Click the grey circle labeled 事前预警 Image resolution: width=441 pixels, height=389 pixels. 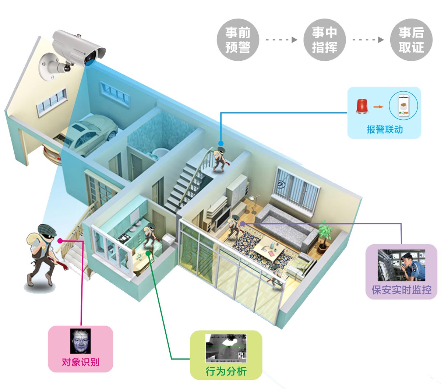pos(238,40)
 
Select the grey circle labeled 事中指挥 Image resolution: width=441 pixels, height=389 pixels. pos(324,40)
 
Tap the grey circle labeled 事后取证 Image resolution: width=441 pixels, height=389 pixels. pos(411,40)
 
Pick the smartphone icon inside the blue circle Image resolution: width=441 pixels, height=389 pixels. pos(403,106)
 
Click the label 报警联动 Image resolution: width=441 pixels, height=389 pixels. pos(384,129)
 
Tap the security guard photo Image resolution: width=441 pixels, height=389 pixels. pos(401,265)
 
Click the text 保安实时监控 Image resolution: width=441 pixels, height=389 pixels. pos(401,290)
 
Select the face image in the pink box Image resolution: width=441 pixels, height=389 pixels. pos(80,341)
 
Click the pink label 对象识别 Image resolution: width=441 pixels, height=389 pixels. pos(80,362)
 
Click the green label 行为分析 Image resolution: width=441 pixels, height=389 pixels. pos(226,371)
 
